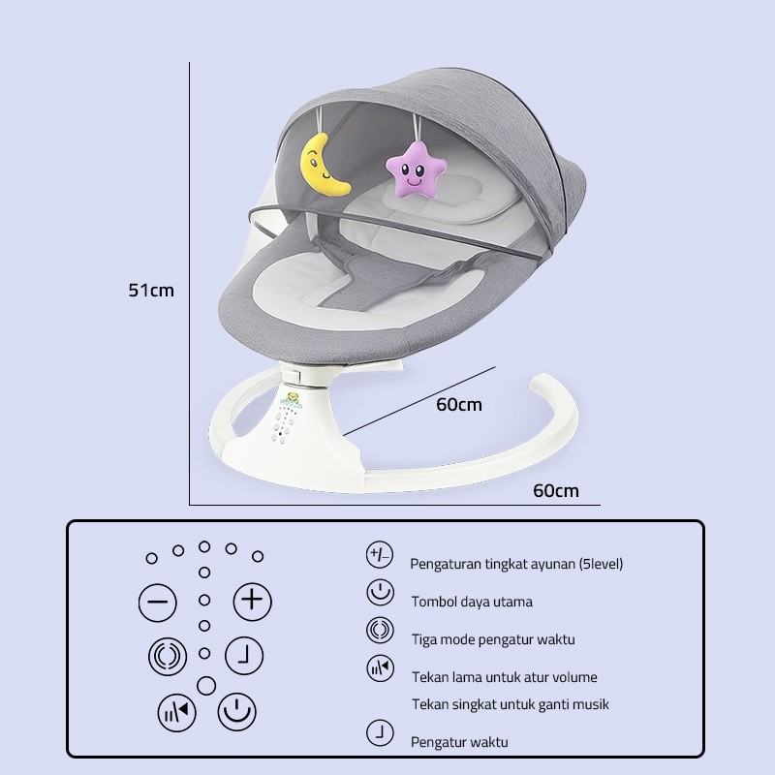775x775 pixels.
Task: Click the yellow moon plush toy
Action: point(323,166)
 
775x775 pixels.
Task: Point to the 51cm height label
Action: point(151,290)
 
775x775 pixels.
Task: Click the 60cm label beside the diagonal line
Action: point(458,405)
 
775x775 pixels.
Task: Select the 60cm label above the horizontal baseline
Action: point(555,491)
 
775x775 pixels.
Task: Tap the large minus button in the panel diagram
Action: point(158,602)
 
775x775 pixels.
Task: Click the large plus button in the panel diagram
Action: point(252,601)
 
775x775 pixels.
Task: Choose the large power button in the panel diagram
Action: point(236,712)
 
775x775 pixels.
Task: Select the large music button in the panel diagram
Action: point(176,713)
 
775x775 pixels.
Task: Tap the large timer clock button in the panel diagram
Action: point(244,656)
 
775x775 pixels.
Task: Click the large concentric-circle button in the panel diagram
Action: point(168,657)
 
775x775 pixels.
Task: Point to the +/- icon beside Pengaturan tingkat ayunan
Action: point(380,554)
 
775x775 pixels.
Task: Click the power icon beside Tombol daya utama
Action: point(380,593)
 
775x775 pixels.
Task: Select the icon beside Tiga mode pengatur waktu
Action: point(380,631)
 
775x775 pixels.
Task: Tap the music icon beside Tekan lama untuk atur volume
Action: point(380,668)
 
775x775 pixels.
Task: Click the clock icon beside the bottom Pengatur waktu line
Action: point(380,733)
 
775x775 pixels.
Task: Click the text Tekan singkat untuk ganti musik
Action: point(511,704)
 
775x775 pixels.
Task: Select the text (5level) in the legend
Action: point(601,564)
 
